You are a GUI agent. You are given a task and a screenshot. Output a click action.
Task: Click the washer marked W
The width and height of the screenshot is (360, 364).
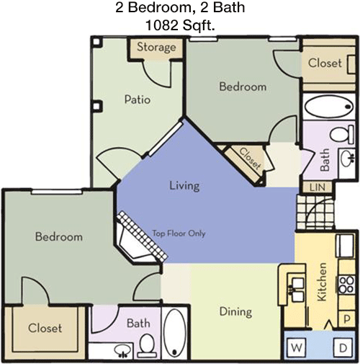pyautogui.click(x=297, y=347)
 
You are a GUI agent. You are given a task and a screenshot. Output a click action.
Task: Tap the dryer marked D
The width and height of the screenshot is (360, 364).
pyautogui.click(x=343, y=347)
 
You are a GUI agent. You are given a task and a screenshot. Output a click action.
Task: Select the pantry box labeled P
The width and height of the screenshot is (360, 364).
pyautogui.click(x=346, y=319)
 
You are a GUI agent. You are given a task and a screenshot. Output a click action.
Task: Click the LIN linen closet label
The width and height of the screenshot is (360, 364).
pyautogui.click(x=318, y=187)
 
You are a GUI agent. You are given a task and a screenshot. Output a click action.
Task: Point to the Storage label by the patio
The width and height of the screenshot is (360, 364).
pyautogui.click(x=156, y=47)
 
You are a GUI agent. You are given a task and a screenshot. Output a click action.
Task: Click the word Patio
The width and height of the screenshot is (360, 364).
pyautogui.click(x=138, y=99)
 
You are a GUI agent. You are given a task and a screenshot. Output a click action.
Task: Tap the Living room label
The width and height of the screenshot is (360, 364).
pyautogui.click(x=184, y=186)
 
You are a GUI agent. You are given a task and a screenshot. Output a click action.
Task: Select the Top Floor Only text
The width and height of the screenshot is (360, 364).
pyautogui.click(x=179, y=234)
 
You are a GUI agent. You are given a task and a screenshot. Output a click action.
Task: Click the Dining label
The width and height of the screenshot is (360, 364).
pyautogui.click(x=235, y=311)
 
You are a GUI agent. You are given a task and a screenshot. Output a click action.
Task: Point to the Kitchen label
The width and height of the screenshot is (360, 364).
pyautogui.click(x=322, y=282)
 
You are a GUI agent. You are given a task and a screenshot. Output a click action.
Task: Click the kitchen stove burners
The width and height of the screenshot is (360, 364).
pyautogui.click(x=346, y=284)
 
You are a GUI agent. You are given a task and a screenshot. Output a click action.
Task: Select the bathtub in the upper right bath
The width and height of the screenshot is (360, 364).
pyautogui.click(x=328, y=107)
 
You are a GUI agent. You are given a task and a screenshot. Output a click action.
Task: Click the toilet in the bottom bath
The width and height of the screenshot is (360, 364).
pyautogui.click(x=146, y=345)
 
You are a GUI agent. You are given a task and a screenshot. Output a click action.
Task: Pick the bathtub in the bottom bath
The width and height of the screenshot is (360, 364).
pyautogui.click(x=174, y=333)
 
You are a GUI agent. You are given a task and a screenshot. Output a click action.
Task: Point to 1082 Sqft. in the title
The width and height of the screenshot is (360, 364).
pyautogui.click(x=180, y=25)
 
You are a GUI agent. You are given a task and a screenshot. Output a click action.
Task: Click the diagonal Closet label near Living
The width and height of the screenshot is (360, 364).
pyautogui.click(x=250, y=159)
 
